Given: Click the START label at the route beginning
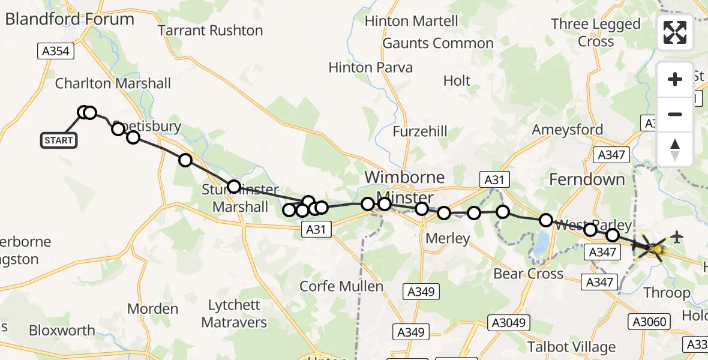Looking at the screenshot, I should [59, 140].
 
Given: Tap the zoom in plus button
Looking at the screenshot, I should [675, 79].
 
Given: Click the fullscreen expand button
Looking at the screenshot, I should [675, 32].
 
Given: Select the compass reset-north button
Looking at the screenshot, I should [675, 149].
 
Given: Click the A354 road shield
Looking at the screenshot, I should [56, 52].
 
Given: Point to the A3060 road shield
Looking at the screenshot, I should [649, 322].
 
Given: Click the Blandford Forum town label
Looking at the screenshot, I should [70, 19].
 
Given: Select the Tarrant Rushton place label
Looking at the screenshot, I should [211, 31].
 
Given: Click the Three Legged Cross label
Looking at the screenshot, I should [596, 32].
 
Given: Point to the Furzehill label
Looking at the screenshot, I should [421, 131].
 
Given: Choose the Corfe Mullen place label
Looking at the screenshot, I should [341, 286].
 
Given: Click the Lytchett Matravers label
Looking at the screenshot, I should [234, 314].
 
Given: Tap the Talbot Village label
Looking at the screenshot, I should [571, 347].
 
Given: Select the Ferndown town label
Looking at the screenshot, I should [587, 179].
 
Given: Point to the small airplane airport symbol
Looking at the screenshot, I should [677, 237].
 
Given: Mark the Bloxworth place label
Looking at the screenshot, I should [62, 331].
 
